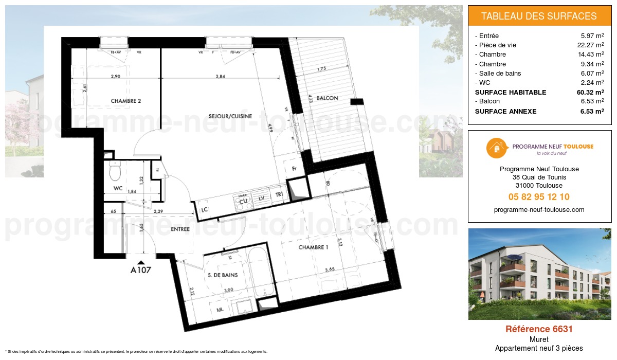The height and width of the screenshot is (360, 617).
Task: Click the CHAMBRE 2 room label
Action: [126, 101]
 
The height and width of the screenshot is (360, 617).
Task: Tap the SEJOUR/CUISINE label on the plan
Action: [230, 116]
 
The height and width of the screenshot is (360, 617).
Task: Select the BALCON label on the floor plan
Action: [328, 98]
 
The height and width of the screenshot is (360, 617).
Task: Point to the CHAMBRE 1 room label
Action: [314, 247]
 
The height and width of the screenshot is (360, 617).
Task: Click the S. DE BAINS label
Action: [223, 275]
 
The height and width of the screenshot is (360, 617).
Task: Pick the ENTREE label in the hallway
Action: [180, 229]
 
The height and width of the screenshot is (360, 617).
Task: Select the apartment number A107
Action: [141, 269]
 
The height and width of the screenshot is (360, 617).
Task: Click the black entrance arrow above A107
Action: [141, 261]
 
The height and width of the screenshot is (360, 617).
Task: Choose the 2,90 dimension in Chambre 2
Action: [116, 77]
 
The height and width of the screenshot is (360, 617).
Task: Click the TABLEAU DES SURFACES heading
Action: [539, 16]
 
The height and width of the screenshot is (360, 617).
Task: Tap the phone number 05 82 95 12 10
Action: [539, 197]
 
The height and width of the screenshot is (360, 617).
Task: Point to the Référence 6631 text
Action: [539, 329]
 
